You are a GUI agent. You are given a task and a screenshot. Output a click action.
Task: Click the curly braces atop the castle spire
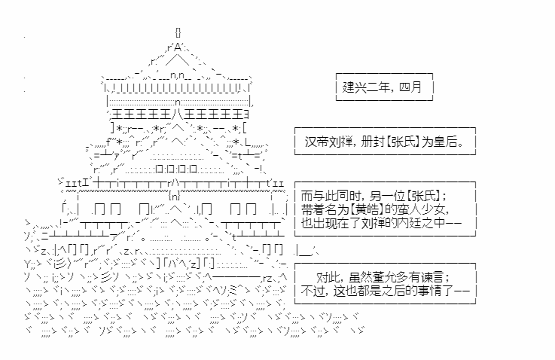click(x=178, y=32)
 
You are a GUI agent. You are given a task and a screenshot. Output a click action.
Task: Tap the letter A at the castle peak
click(x=177, y=47)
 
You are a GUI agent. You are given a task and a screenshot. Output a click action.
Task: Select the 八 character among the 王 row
click(x=178, y=114)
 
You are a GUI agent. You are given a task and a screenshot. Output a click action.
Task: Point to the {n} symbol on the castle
click(x=175, y=195)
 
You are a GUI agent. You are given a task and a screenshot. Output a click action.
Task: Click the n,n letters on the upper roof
click(x=177, y=75)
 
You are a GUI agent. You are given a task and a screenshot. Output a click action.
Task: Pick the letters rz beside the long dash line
click(x=267, y=278)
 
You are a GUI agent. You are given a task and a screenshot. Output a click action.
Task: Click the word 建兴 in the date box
click(x=354, y=87)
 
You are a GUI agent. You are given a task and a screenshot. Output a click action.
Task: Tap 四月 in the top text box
click(x=410, y=87)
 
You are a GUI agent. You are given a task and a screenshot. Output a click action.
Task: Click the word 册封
click(x=372, y=142)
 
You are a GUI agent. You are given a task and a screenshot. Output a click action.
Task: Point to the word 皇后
click(x=444, y=142)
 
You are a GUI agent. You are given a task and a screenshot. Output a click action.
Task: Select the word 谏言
click(x=432, y=277)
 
